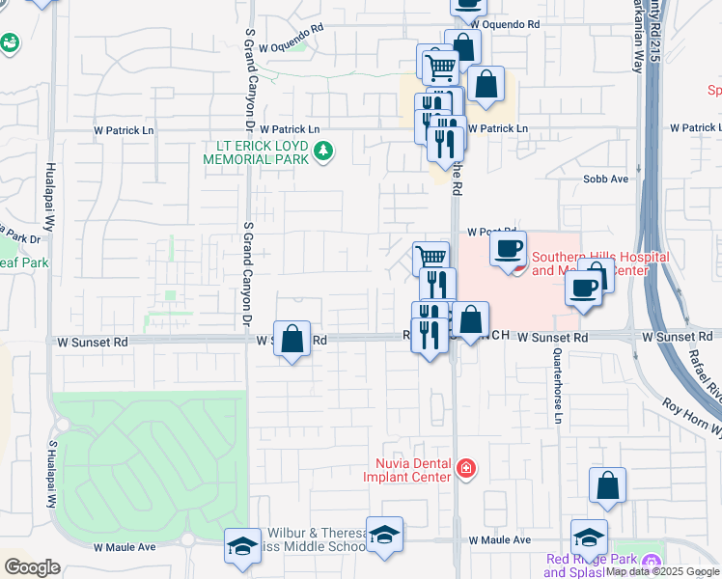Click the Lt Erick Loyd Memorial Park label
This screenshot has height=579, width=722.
256,152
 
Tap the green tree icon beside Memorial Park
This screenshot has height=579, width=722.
323,151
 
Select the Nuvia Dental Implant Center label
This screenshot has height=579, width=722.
406,469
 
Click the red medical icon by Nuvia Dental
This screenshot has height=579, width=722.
466,469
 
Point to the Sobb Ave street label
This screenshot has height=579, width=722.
605,179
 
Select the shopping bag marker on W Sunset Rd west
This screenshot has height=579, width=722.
292,339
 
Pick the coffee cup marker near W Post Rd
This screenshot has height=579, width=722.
508,249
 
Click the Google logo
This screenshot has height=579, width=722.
32,567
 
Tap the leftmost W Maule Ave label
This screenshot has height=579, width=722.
125,547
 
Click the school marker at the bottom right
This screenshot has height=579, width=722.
589,537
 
